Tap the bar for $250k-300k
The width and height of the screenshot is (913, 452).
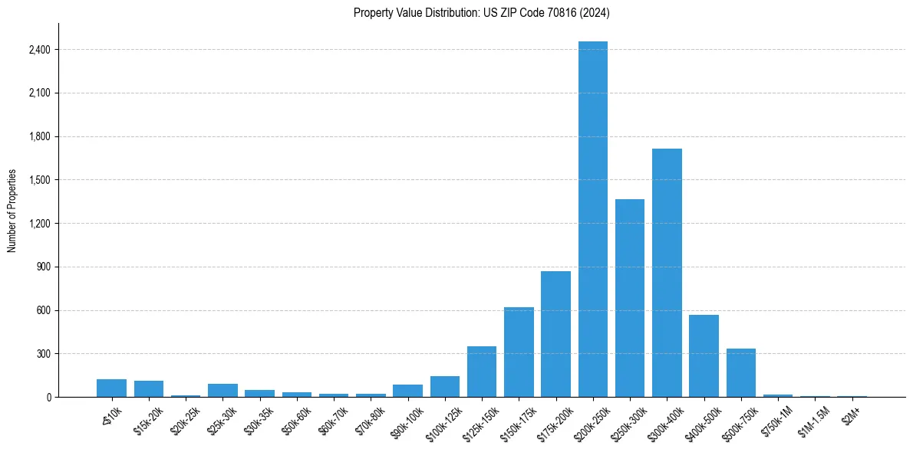[630, 298]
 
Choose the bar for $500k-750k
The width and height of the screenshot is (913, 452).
[741, 373]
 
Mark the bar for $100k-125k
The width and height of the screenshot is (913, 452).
[445, 387]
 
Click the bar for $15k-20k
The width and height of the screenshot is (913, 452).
[149, 389]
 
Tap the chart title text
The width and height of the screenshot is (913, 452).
[481, 12]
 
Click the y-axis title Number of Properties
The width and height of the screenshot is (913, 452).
[12, 211]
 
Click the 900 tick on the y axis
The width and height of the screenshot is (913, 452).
[42, 267]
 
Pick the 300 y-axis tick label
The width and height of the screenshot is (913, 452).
[42, 354]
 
